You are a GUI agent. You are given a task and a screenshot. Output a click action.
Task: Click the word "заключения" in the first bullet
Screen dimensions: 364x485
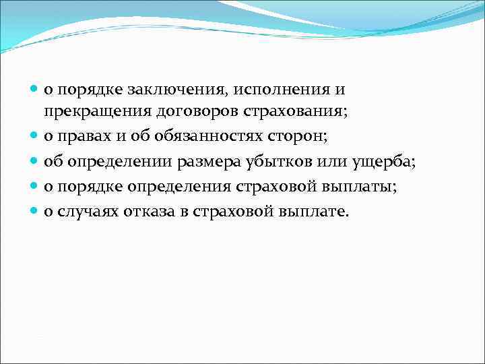pos(155,90)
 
